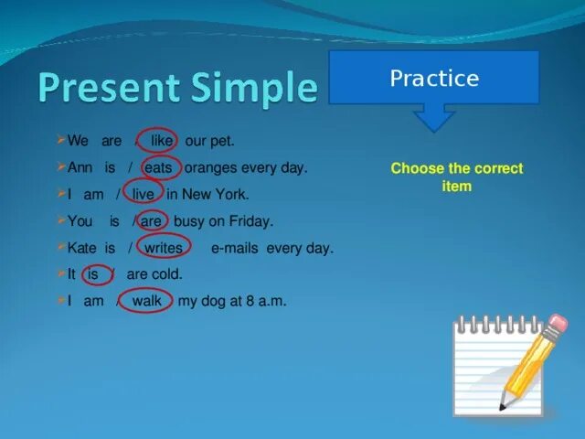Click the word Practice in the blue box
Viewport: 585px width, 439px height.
[x=434, y=78]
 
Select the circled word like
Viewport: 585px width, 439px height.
[x=162, y=141]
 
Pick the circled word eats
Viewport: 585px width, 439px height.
[x=158, y=167]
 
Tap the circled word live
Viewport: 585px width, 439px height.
[x=143, y=194]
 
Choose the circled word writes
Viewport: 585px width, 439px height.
[x=164, y=248]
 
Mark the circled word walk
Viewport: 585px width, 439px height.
[x=147, y=301]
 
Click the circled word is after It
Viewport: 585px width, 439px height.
[x=92, y=274]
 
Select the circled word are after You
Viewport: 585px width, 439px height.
[x=151, y=221]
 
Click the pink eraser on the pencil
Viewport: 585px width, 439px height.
[x=558, y=323]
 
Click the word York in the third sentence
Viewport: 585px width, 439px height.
[x=231, y=194]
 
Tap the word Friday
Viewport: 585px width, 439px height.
[x=250, y=221]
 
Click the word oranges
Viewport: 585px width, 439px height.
[x=211, y=168]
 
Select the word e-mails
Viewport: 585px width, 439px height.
[x=235, y=248]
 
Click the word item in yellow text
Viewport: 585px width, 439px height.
[x=457, y=186]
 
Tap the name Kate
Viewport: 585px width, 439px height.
[x=81, y=248]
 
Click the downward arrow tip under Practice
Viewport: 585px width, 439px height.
[x=434, y=132]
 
